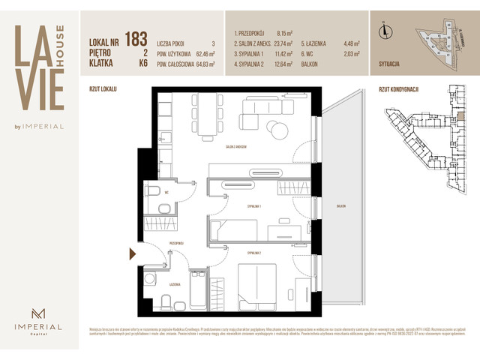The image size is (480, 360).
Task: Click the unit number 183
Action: [x=136, y=39]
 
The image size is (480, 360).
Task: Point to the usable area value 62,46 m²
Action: [x=202, y=54]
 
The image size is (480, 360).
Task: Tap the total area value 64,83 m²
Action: [x=202, y=64]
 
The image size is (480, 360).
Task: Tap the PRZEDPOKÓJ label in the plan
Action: [x=177, y=243]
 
